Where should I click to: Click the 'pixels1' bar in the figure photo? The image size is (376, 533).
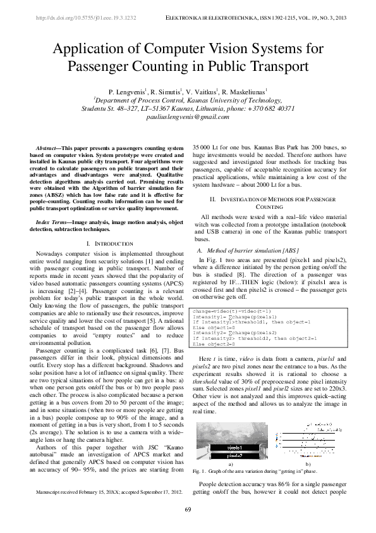tap(222, 446)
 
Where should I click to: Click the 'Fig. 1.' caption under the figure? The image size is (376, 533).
tap(201, 472)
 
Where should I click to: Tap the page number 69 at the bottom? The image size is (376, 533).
tap(188, 510)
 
